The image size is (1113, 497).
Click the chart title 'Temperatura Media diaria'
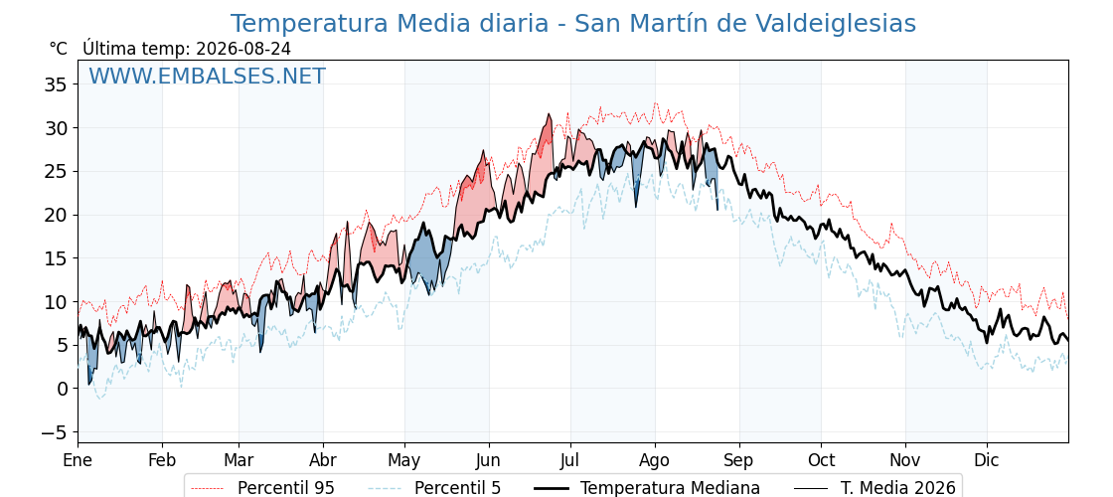[389, 24]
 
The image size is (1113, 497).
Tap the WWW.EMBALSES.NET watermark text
[208, 76]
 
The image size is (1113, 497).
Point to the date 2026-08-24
[243, 49]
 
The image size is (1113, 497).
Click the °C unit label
[59, 49]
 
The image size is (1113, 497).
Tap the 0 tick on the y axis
[62, 389]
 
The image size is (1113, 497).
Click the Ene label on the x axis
[78, 460]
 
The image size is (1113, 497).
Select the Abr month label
[323, 460]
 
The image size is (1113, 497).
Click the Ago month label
[655, 461]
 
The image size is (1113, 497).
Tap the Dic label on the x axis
[987, 460]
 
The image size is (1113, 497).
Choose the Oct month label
[821, 460]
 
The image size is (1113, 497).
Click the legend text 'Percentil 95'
[285, 488]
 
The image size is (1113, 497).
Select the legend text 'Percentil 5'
[457, 488]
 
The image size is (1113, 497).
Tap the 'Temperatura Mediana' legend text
[670, 488]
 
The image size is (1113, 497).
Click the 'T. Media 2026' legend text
[898, 488]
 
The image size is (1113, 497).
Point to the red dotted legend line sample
[208, 488]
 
